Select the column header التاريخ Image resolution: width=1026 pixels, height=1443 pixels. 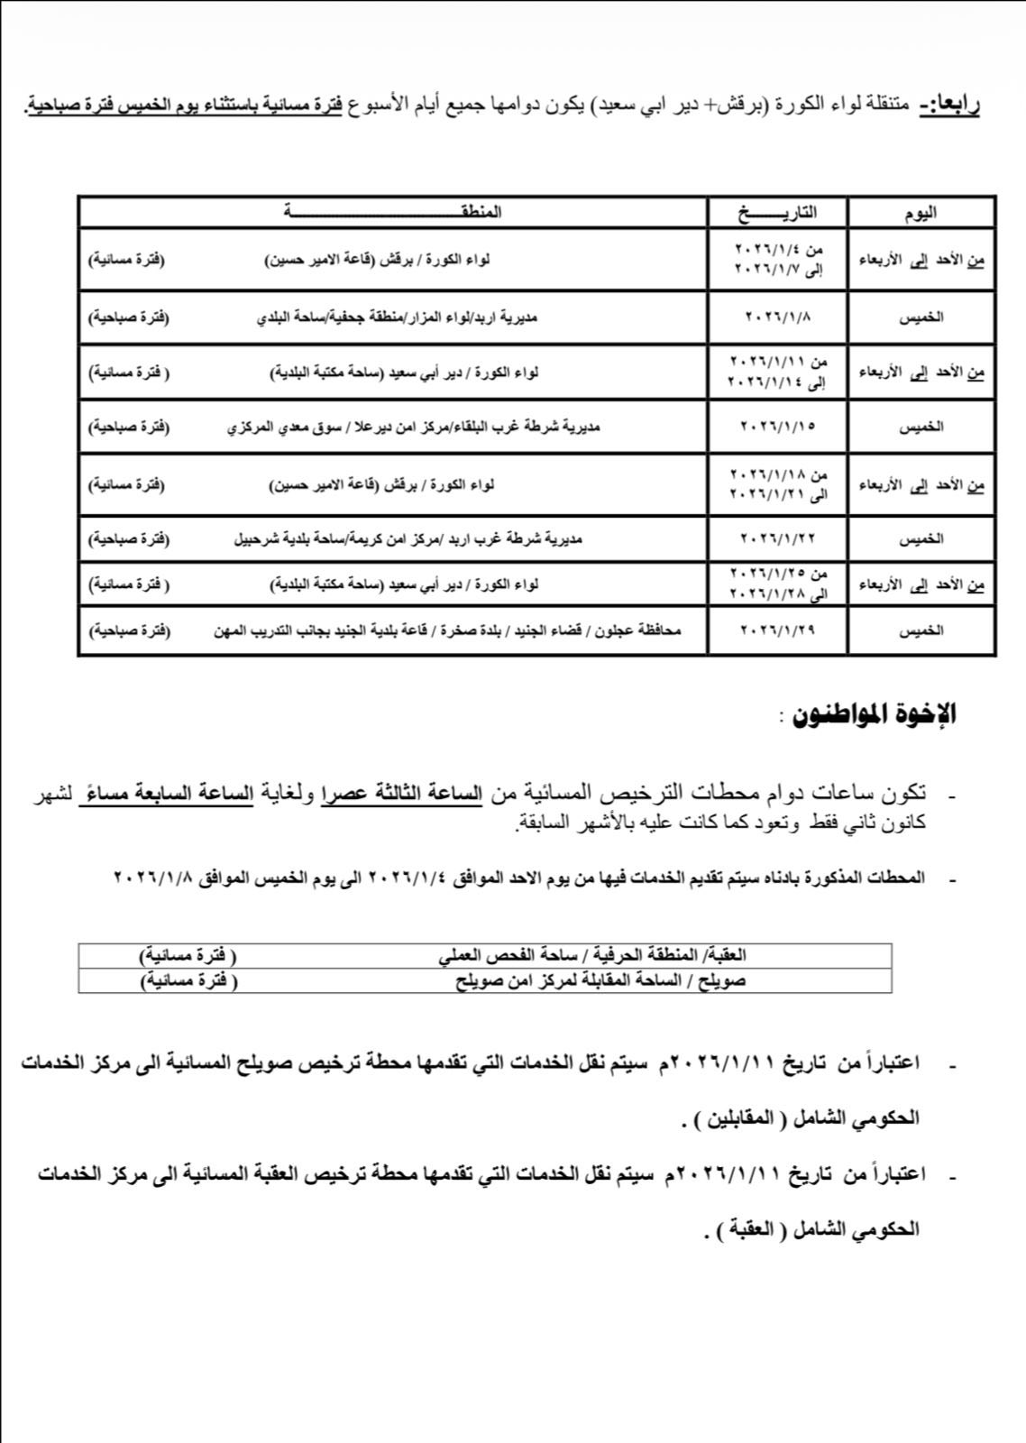(777, 213)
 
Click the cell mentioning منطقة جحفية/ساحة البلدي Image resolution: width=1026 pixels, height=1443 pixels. (397, 317)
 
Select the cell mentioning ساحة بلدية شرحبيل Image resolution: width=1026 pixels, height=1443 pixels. (408, 538)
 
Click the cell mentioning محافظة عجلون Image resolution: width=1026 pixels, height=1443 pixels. (446, 630)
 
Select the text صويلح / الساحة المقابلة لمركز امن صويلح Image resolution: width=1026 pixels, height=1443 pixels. (600, 980)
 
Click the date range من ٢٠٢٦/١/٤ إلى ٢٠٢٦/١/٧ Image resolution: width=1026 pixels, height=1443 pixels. (777, 259)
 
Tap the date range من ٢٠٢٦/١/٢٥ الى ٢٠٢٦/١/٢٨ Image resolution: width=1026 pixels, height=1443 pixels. (777, 584)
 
